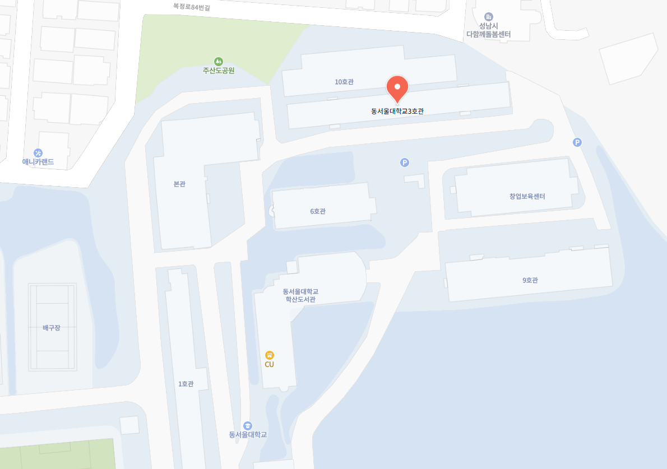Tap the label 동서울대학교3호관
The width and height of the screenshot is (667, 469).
[x=397, y=111]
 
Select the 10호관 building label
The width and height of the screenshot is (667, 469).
[x=344, y=82]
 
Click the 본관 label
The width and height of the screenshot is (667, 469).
[x=179, y=184]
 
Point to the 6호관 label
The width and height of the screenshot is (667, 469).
[x=318, y=211]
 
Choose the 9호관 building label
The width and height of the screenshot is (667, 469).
[x=530, y=280]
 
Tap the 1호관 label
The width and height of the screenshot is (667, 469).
[x=186, y=384]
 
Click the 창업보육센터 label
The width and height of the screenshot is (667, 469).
[x=527, y=196]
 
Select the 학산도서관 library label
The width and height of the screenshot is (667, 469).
[x=300, y=295]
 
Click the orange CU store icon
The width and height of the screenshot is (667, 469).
[x=270, y=355]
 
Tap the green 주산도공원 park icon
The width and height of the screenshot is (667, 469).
[x=218, y=61]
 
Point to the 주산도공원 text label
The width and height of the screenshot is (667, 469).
[x=218, y=71]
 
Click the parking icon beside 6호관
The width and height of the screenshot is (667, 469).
[x=405, y=162]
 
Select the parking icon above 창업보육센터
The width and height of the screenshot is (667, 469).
[x=577, y=142]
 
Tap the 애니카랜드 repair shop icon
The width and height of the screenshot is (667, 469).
[x=38, y=152]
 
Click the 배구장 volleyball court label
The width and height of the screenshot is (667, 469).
[x=51, y=328]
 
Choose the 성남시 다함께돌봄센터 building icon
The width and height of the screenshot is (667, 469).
[x=488, y=17]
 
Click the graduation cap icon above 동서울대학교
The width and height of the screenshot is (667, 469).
[x=248, y=425]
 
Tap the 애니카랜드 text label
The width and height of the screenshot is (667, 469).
[x=38, y=162]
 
